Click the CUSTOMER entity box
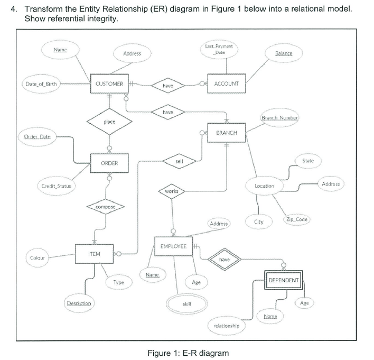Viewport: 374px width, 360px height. [109, 84]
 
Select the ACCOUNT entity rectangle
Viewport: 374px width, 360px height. [227, 84]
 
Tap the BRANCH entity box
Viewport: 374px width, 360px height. [227, 133]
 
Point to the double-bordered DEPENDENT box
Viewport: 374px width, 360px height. [284, 280]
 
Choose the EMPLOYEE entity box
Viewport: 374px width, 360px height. [173, 247]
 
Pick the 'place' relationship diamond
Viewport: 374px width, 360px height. [109, 122]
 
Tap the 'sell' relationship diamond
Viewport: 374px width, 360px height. [180, 159]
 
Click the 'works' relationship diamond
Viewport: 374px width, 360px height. [172, 191]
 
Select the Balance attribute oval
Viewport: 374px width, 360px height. [284, 53]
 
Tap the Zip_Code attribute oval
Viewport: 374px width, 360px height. [296, 219]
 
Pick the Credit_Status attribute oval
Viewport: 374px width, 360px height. [57, 186]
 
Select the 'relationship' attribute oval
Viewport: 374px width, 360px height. [226, 326]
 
